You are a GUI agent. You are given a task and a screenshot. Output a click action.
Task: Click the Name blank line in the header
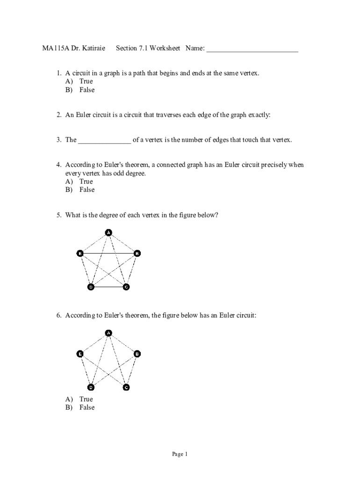tap(252, 49)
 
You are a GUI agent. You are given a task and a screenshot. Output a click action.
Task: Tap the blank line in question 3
tap(105, 140)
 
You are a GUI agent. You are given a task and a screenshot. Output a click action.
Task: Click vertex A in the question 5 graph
tap(108, 232)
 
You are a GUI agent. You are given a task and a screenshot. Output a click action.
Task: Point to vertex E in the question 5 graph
tap(80, 254)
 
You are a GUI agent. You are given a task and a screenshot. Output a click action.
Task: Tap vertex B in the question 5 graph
tap(137, 254)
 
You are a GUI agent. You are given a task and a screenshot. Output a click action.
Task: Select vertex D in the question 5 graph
tap(91, 287)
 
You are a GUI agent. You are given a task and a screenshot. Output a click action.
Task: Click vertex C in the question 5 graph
tap(126, 287)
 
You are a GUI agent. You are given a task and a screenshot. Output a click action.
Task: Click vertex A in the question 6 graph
tap(108, 333)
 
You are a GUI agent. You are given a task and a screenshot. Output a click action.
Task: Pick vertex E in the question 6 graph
tap(80, 354)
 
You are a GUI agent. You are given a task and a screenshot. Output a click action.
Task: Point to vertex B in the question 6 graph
tap(137, 354)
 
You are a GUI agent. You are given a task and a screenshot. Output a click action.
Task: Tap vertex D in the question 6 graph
tap(91, 387)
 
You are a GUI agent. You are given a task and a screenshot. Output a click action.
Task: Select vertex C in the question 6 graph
tap(126, 387)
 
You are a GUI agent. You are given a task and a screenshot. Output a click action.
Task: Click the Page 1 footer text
tap(180, 454)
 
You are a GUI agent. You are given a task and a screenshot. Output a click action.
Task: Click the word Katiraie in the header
tap(93, 49)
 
